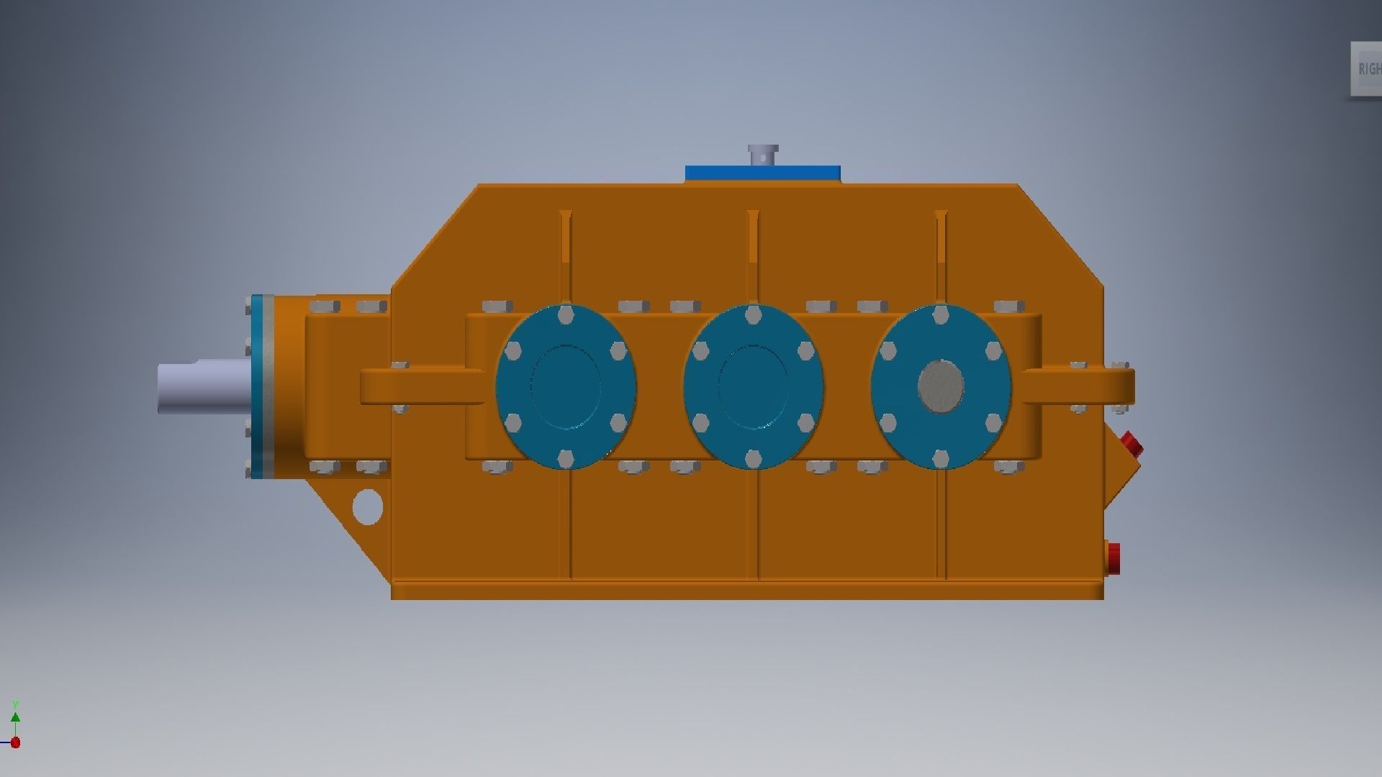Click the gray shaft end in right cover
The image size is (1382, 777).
click(x=941, y=386)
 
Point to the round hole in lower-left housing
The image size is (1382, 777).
click(x=367, y=506)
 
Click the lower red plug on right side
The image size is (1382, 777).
click(x=1114, y=559)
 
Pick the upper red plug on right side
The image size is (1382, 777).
click(x=1132, y=444)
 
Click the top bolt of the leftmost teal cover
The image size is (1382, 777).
click(x=565, y=314)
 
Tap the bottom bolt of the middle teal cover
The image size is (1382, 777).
click(x=753, y=458)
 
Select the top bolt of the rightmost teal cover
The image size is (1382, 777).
click(x=941, y=314)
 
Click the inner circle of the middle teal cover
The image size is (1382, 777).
click(x=753, y=386)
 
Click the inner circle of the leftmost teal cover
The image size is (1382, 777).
click(x=565, y=386)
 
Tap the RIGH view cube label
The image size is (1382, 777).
click(x=1368, y=69)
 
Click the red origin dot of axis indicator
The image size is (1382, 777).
click(x=15, y=742)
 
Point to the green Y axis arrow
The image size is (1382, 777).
click(x=15, y=717)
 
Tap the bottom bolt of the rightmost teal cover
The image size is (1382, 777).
click(x=941, y=458)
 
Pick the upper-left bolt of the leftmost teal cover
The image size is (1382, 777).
click(x=512, y=351)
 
